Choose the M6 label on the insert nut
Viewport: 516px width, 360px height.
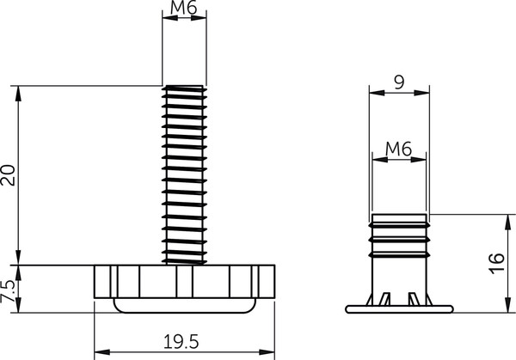point(398,148)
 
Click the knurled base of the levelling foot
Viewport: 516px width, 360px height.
point(185,281)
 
